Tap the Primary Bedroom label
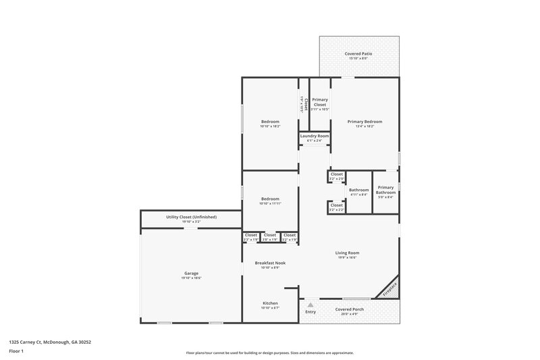pyautogui.click(x=364, y=122)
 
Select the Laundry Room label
pyautogui.click(x=315, y=136)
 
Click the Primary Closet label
pyautogui.click(x=319, y=102)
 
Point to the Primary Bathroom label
pyautogui.click(x=385, y=190)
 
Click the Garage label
pyautogui.click(x=191, y=274)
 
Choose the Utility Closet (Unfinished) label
pyautogui.click(x=191, y=217)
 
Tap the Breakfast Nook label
pyautogui.click(x=269, y=263)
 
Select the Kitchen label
pyautogui.click(x=269, y=303)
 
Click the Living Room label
pyautogui.click(x=347, y=253)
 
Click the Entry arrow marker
pyautogui.click(x=310, y=305)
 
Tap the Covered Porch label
pyautogui.click(x=350, y=309)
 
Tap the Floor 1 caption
pyautogui.click(x=16, y=351)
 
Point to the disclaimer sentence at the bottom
pyautogui.click(x=269, y=353)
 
